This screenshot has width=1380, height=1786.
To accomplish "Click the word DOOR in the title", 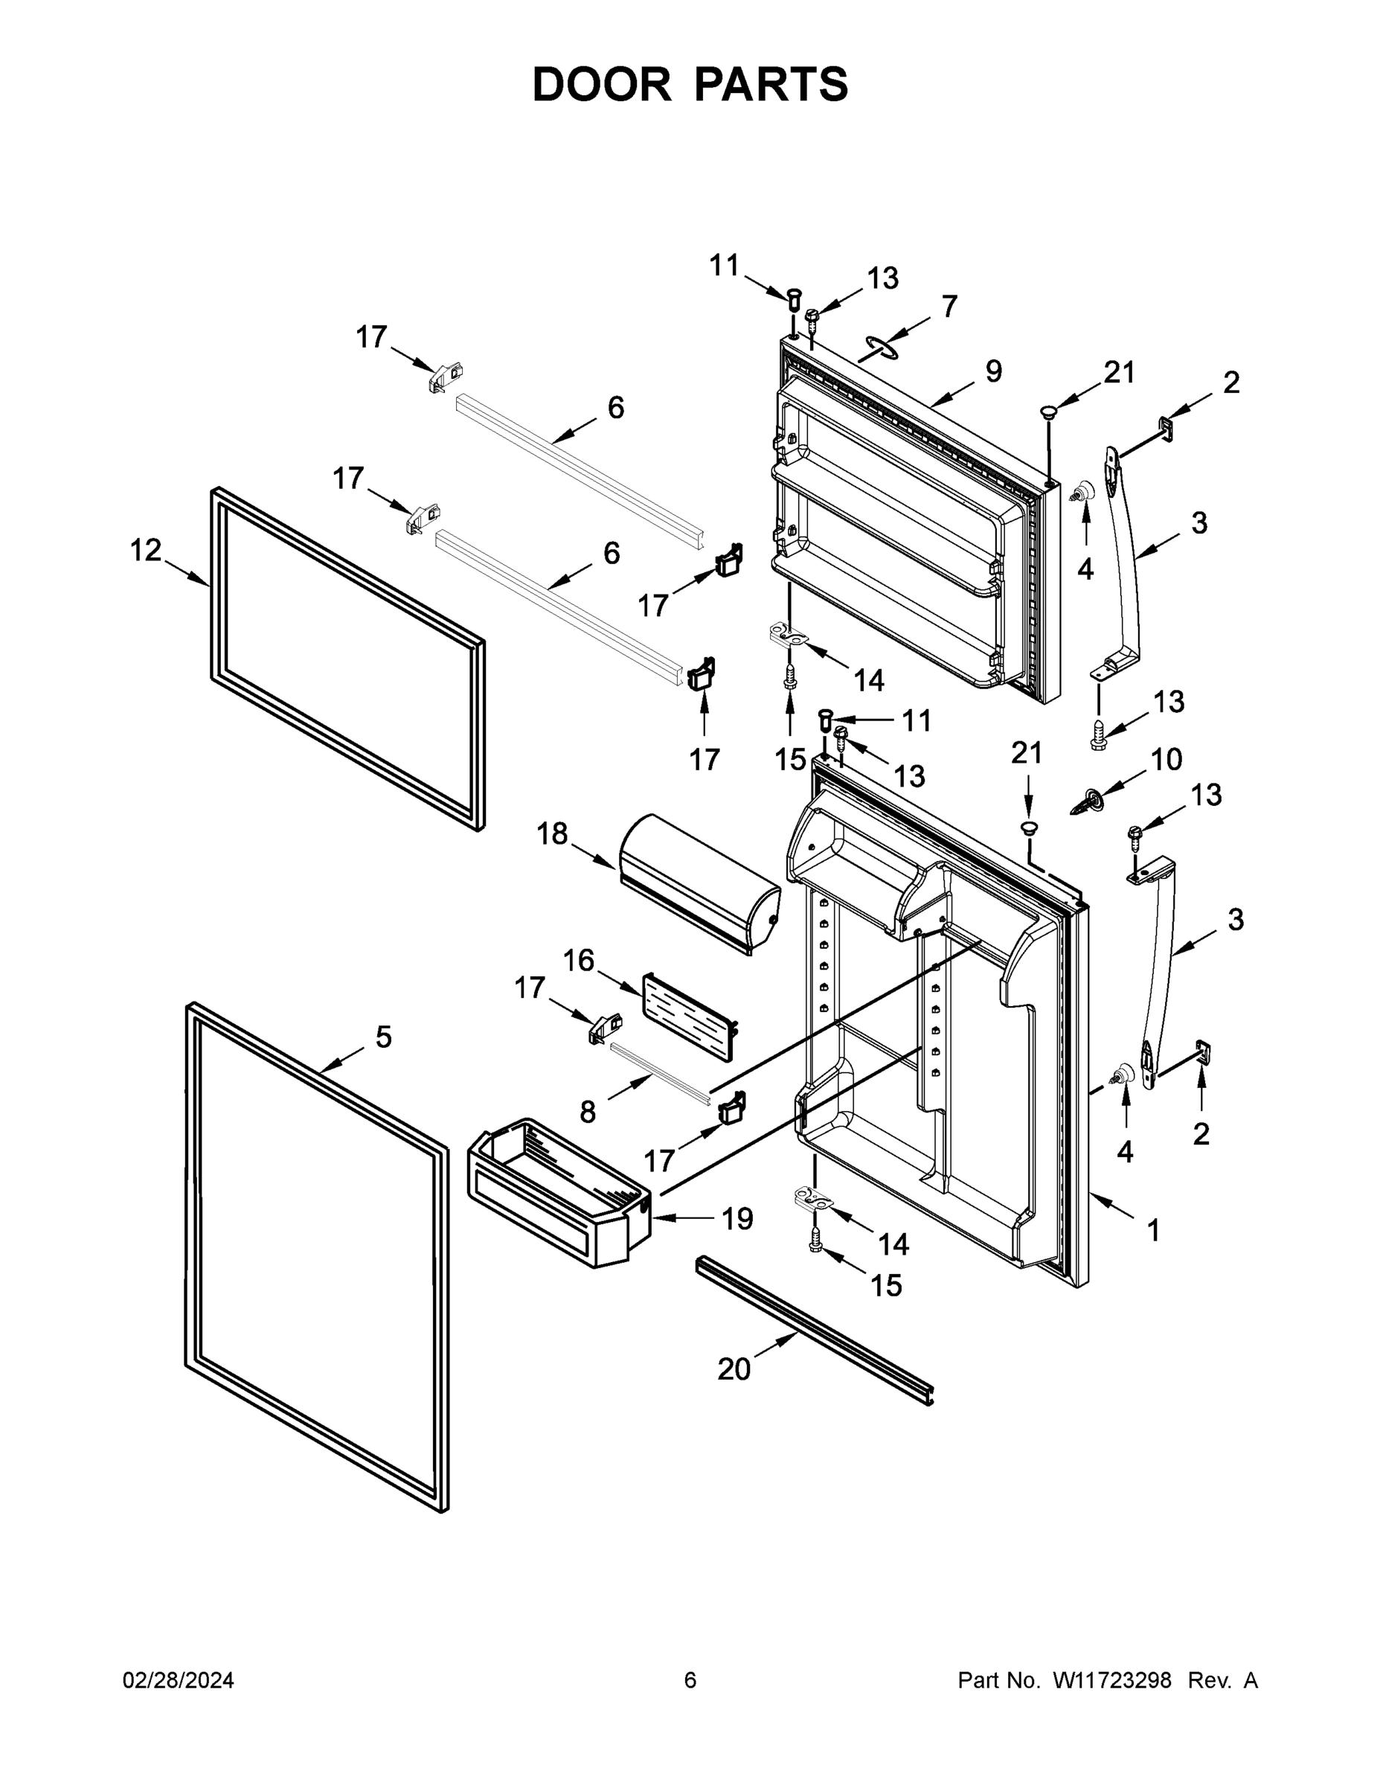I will pos(602,84).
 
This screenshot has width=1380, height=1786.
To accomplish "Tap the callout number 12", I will pos(146,551).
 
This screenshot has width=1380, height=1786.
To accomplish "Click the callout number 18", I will pos(552,833).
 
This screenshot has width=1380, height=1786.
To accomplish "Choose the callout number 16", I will pos(578,960).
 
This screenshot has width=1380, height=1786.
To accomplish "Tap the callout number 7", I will pos(949,307).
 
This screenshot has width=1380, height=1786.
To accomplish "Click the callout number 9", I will pos(993,371).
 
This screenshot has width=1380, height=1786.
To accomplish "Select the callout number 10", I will pos(1166,760).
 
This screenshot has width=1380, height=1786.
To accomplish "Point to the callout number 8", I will pos(588,1111).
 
